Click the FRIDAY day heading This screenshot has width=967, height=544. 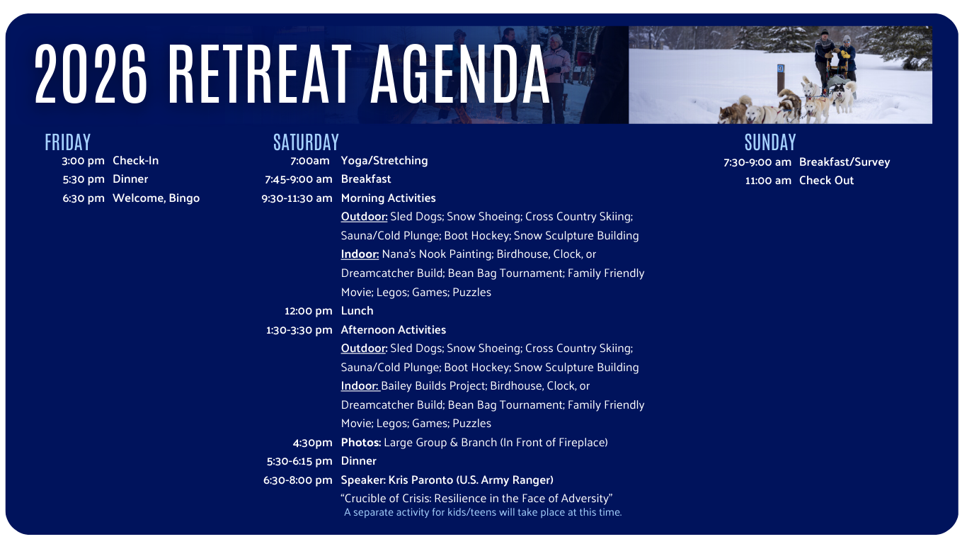[x=68, y=142]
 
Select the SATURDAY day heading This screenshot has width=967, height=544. [x=306, y=142]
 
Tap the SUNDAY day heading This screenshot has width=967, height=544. [x=770, y=142]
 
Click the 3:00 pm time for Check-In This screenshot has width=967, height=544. [x=83, y=161]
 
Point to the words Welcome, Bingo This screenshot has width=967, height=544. [x=156, y=198]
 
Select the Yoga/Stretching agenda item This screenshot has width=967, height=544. [x=384, y=161]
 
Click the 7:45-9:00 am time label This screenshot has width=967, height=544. [x=298, y=179]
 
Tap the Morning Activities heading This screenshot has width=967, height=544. [x=388, y=198]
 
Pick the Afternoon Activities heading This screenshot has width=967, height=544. [x=394, y=329]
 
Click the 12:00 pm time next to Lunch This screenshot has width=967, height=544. [x=308, y=311]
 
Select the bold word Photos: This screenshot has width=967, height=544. [x=361, y=443]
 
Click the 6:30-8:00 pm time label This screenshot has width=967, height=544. [x=298, y=480]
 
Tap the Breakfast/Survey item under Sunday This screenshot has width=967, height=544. [x=845, y=162]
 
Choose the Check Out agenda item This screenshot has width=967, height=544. [x=826, y=181]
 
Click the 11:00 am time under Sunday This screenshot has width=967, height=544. [x=768, y=181]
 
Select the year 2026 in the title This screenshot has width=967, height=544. [x=91, y=74]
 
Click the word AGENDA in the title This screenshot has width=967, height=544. [x=460, y=74]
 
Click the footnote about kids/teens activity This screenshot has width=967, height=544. [x=483, y=512]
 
